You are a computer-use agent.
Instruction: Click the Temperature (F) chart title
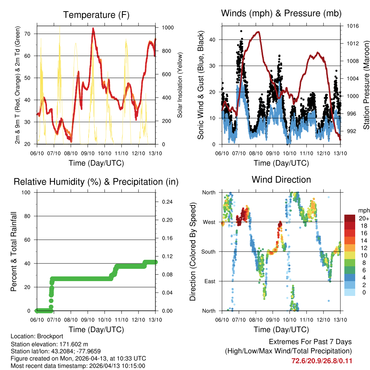[x=96, y=15]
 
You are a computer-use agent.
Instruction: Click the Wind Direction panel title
[x=281, y=180]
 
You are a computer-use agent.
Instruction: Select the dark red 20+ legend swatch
[x=349, y=218]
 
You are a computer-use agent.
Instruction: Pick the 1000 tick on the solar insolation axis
[x=168, y=27]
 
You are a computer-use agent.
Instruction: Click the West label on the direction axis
[x=209, y=222]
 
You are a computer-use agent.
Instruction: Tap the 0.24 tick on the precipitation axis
[x=167, y=202]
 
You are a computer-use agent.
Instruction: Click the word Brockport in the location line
[x=43, y=336]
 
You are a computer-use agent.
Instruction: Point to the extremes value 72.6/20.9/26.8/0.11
[x=322, y=361]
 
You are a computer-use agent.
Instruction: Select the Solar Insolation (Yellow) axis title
[x=180, y=85]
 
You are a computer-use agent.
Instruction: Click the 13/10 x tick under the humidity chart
[x=155, y=319]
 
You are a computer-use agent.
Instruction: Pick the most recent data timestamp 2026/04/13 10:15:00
[x=108, y=366]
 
